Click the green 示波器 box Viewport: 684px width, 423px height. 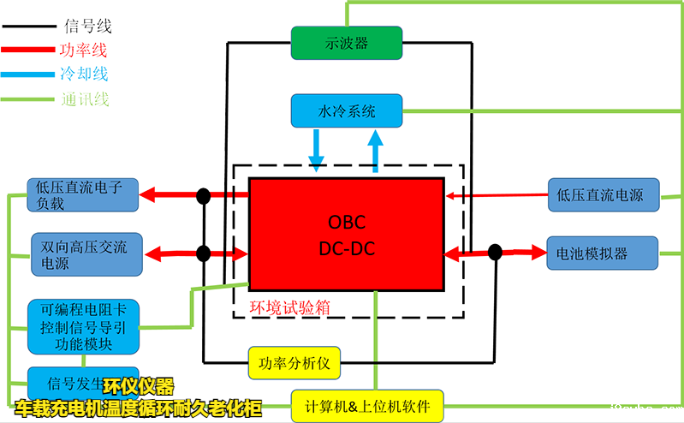tap(346, 44)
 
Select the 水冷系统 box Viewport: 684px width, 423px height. tap(346, 111)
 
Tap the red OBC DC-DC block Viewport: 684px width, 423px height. tap(346, 235)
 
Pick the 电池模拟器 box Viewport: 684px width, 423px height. tap(602, 253)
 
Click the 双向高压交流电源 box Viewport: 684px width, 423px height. tap(84, 254)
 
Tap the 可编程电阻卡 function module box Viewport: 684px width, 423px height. tap(82, 327)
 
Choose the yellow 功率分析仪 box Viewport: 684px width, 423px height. tap(294, 363)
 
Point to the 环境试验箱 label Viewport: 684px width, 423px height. tap(289, 307)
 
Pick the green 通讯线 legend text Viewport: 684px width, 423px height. tap(86, 99)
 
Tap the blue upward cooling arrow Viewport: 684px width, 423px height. tap(376, 151)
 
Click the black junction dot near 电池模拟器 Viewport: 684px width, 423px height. tap(494, 252)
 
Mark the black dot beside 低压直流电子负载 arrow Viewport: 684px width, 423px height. tap(204, 196)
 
